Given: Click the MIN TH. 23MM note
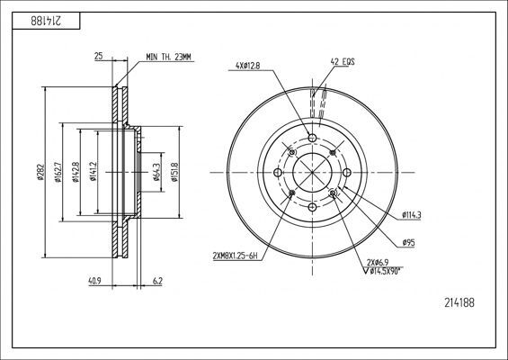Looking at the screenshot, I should tap(170, 57).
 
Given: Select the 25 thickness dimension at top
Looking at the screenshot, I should tap(97, 57).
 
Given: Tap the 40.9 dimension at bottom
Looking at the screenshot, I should tap(95, 282).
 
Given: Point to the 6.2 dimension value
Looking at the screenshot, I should tap(157, 282).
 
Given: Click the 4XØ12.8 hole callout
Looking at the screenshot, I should tap(249, 65).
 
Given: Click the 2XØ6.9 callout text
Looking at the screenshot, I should tap(377, 260).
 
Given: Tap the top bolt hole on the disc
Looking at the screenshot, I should tap(312, 138).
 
